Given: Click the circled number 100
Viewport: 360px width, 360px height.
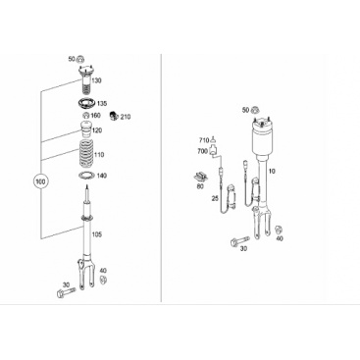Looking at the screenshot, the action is coord(41,180).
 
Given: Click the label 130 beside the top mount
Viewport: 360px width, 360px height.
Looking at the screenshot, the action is coord(96,80).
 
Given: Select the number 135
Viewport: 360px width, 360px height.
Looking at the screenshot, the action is coord(102,104).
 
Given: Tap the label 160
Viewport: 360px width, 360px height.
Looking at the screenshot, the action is coord(95,116).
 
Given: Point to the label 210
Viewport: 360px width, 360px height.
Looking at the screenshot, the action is coord(126,117).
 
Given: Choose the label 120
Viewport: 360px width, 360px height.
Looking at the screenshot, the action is coord(97,130).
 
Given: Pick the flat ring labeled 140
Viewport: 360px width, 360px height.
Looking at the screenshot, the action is coord(86,176).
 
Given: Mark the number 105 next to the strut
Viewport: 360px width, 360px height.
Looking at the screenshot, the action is coord(97,234).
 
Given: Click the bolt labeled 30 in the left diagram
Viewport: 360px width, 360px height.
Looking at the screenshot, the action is coord(66,291).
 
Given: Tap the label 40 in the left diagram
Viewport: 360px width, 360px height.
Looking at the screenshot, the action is coord(103,271).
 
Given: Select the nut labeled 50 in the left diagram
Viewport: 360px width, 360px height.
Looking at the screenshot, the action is coord(80,59).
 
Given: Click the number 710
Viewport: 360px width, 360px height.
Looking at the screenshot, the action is coord(204,140).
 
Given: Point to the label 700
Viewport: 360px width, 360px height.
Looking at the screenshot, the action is coord(202,151).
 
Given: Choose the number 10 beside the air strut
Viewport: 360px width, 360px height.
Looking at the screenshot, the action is coord(272,172).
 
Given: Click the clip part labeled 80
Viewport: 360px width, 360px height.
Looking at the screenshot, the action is coord(202,177).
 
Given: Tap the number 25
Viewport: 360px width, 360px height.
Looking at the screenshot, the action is coord(215,198).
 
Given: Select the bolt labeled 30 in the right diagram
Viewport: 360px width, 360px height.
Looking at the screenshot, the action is coord(239,241).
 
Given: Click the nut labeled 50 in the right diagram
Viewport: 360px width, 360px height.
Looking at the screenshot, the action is coord(255,110).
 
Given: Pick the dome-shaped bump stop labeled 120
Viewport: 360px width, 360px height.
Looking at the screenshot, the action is coord(86,129).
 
